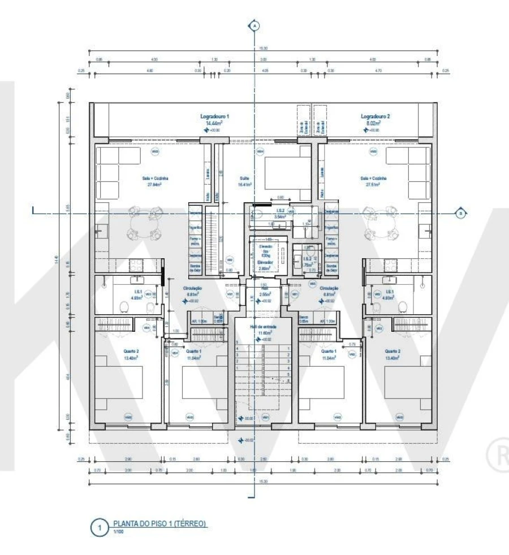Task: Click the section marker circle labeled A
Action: coord(255,25)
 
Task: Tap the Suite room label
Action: coord(244,177)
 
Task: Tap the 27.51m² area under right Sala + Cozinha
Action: coord(371,183)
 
